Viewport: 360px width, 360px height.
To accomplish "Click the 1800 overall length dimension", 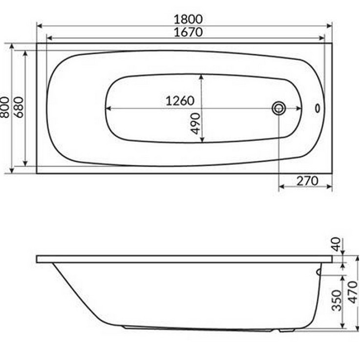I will click(187, 19).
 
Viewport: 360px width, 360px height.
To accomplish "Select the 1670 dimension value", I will click(187, 32).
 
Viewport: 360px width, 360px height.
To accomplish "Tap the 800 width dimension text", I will click(4, 106).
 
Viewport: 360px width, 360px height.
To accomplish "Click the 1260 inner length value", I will click(180, 101).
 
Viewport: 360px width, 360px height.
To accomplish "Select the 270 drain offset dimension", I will click(307, 181).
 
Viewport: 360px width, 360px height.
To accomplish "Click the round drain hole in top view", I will click(279, 108).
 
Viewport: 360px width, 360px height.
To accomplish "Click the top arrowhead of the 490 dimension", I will click(201, 77).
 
